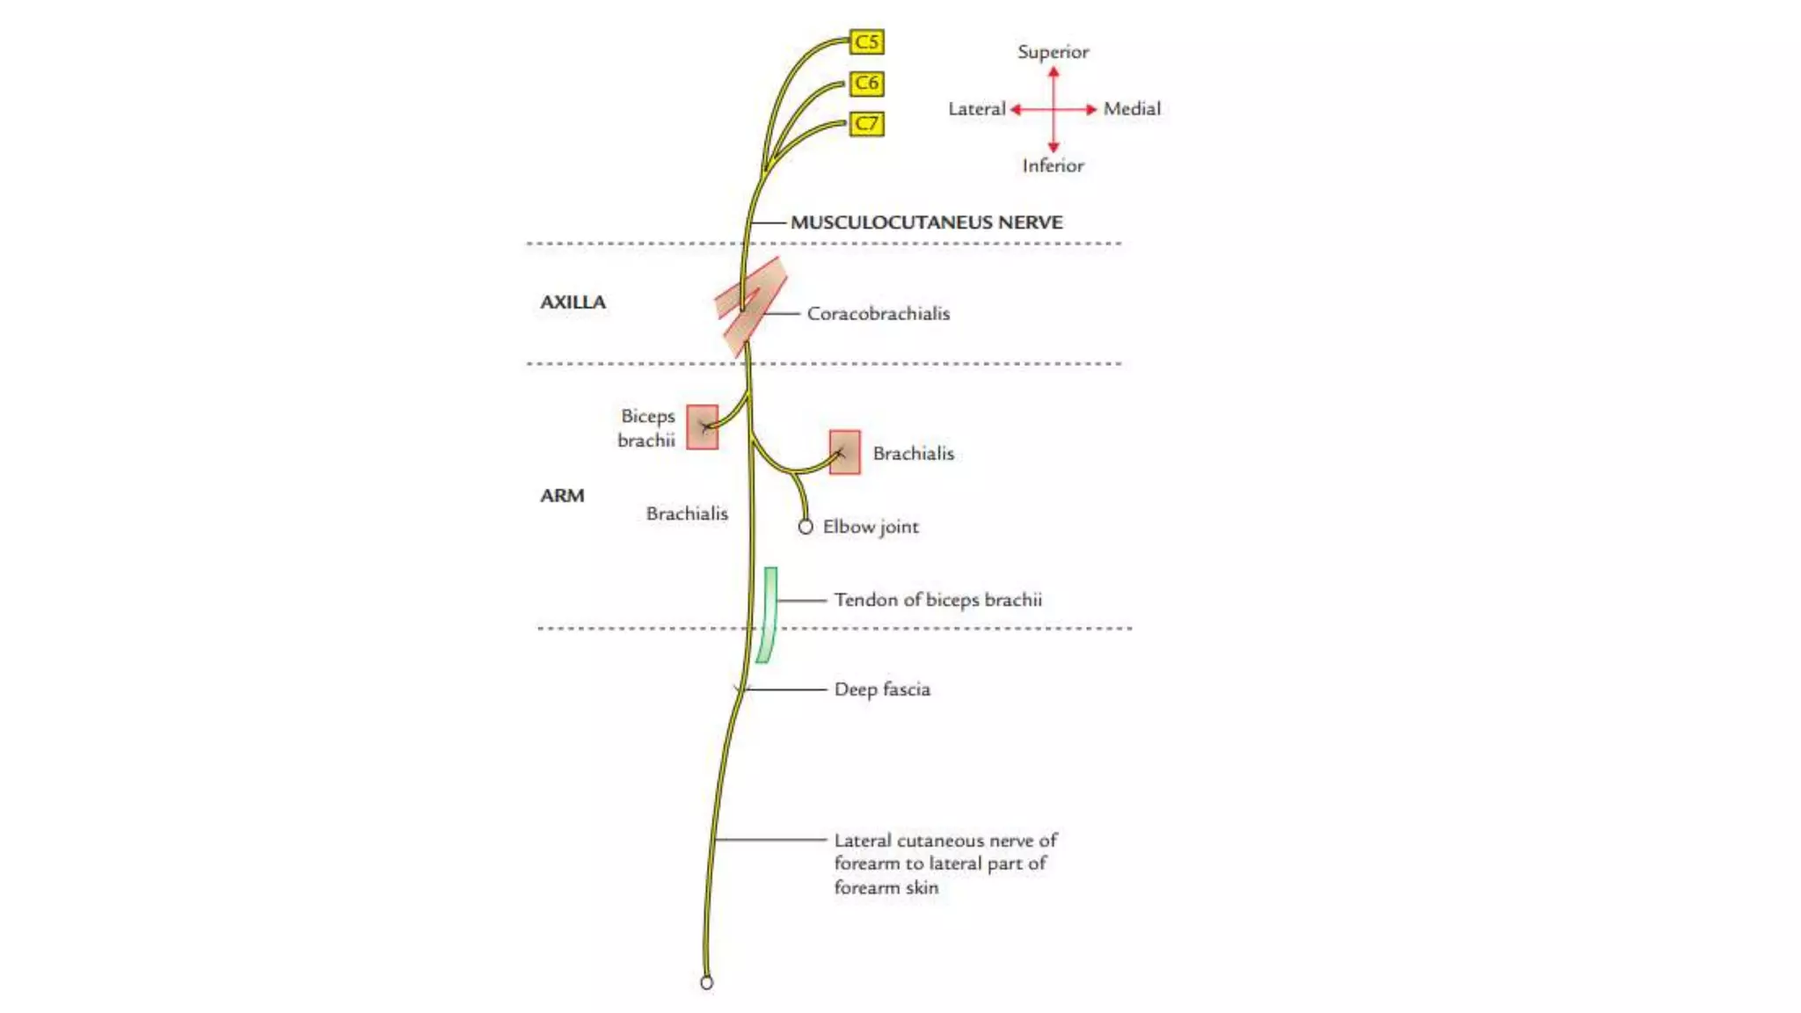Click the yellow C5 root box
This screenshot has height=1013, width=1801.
(x=866, y=41)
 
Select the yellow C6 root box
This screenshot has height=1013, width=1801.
(x=866, y=83)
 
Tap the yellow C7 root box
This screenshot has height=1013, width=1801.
(x=866, y=123)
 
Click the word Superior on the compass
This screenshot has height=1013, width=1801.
(x=1053, y=52)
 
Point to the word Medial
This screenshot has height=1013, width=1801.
(x=1132, y=109)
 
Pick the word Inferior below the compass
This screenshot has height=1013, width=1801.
(x=1053, y=165)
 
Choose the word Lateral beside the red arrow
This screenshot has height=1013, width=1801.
(x=976, y=109)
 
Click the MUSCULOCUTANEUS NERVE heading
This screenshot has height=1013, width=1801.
(x=926, y=222)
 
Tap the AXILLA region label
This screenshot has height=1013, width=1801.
(x=572, y=302)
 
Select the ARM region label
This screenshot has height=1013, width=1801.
(x=562, y=495)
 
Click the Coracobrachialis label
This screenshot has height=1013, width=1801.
(x=878, y=313)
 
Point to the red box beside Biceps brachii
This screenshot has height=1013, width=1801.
(x=702, y=426)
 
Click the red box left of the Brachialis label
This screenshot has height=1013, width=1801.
(x=844, y=452)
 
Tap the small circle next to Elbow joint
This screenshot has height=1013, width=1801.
(x=806, y=527)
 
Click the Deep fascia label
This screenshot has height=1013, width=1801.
(x=882, y=689)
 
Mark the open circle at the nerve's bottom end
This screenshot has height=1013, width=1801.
(x=706, y=983)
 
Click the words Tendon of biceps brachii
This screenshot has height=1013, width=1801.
(x=937, y=600)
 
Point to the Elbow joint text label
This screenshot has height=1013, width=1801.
(x=871, y=527)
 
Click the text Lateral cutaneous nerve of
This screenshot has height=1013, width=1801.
(x=945, y=840)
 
